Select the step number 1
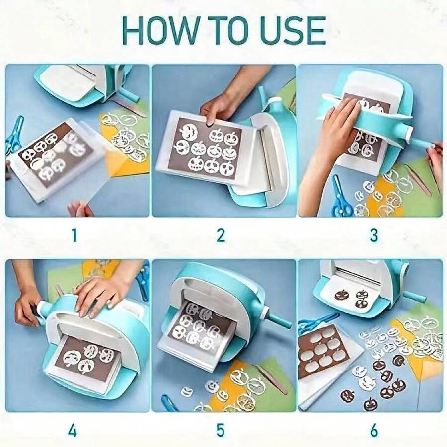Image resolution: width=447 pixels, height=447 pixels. click(x=74, y=235)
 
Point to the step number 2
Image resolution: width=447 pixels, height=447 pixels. click(x=221, y=235)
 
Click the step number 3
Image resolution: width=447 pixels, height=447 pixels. click(x=373, y=235)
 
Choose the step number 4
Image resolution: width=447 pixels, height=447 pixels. click(x=73, y=431)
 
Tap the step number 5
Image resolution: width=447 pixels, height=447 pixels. click(x=221, y=431)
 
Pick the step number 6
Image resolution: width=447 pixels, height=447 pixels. click(x=374, y=431)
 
